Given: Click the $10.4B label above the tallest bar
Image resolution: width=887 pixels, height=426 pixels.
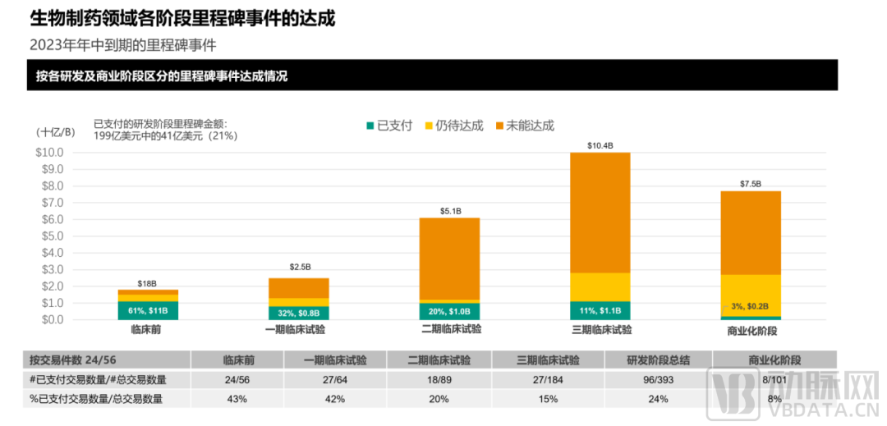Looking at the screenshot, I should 600,145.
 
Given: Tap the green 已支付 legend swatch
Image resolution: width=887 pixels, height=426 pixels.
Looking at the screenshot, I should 370,126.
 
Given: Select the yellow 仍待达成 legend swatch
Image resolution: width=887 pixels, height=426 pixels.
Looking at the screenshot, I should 429,126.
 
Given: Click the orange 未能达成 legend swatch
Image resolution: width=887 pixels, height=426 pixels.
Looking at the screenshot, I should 499,126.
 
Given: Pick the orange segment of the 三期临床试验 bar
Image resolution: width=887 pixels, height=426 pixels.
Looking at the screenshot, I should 600,213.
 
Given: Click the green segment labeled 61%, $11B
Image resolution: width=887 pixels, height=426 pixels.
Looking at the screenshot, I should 148,310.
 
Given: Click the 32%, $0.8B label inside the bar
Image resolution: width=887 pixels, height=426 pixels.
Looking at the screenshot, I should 299,313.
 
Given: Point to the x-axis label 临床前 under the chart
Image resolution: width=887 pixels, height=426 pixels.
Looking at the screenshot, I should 148,330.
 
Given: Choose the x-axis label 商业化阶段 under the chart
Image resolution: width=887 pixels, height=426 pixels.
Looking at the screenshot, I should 751,331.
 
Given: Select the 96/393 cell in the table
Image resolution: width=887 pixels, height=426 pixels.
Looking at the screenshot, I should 658,379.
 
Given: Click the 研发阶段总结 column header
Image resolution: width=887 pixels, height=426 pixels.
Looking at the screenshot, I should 658,360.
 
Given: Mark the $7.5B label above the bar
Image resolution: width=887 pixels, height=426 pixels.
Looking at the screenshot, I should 751,184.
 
